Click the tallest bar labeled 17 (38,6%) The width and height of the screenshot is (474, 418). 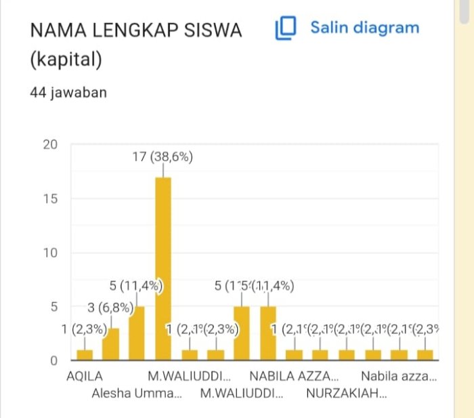coord(163,268)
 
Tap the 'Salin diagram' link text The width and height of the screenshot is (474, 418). coord(364,28)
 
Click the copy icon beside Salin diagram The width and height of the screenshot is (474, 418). coord(286,28)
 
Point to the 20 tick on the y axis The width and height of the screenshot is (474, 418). coord(51,144)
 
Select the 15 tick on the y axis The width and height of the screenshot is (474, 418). coord(51,198)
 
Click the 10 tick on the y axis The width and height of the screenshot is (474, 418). coord(51,253)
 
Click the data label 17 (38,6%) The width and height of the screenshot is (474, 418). coord(163,157)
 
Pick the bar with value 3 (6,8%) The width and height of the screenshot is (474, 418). coord(110,344)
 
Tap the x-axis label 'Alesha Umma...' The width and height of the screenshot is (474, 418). coord(137,393)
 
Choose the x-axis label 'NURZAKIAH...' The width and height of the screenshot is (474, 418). coord(346,393)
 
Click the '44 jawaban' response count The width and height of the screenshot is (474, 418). coord(68,93)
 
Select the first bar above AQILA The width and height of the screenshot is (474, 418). coord(84,355)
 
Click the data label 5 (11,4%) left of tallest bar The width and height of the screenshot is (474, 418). coord(136,286)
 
